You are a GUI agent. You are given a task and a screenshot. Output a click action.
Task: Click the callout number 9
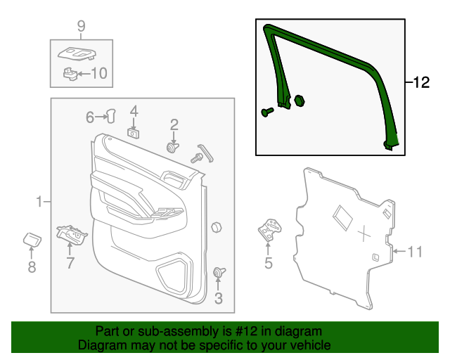tap(81, 27)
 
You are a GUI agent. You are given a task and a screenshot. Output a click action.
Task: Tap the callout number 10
tap(99, 72)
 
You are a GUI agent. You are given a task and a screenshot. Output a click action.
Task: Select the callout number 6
tap(90, 117)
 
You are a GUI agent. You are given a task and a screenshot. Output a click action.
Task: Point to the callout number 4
tap(134, 111)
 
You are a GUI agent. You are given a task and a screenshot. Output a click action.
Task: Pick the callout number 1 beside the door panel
tap(39, 202)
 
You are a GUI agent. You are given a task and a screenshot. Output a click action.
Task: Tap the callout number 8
tap(31, 266)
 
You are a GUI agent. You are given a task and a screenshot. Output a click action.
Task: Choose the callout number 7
tap(70, 264)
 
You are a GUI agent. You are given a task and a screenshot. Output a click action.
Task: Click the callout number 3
tap(218, 299)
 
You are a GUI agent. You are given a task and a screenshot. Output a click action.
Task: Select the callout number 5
tap(268, 264)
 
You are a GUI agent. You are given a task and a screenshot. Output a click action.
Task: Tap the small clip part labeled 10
tap(70, 72)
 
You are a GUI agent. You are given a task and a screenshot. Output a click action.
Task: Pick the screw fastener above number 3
tap(217, 273)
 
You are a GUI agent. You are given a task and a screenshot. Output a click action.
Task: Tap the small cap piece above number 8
tap(31, 238)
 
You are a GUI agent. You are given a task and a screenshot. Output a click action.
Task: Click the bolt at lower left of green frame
tap(266, 111)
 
